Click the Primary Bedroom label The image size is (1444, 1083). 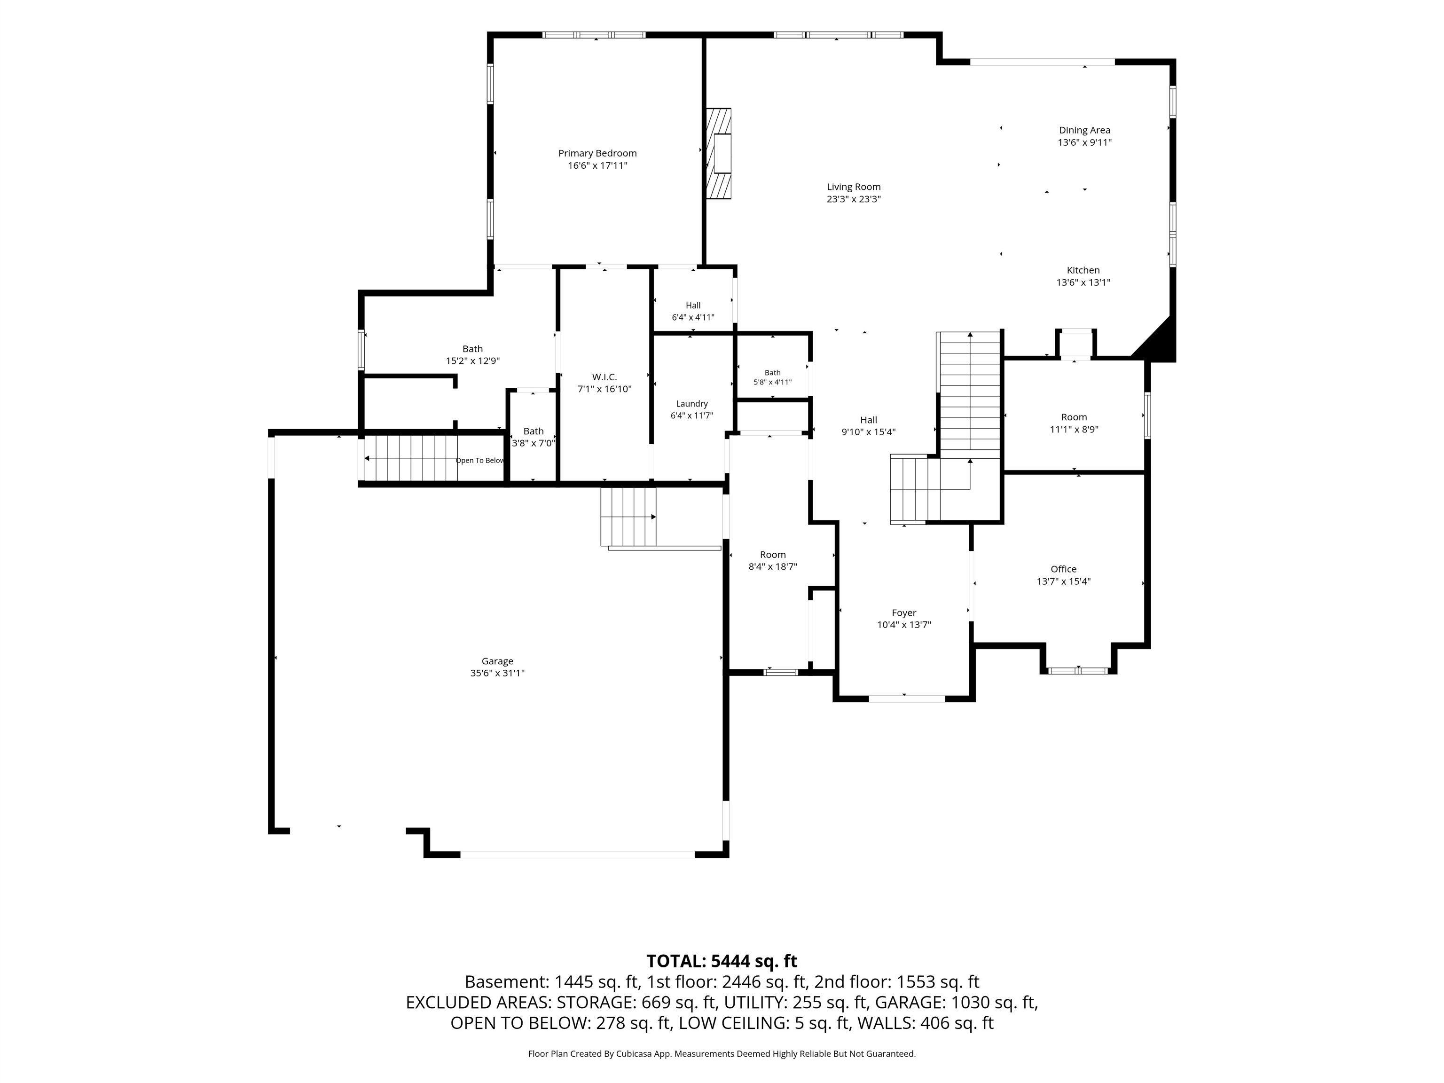click(597, 153)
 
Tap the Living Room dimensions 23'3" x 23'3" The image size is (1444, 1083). click(854, 200)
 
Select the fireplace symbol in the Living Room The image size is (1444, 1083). click(718, 153)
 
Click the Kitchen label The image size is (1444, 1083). click(1083, 270)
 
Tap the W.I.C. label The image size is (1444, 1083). click(604, 377)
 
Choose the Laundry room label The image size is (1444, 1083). click(692, 404)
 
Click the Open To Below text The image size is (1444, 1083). click(480, 461)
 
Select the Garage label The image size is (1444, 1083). click(497, 661)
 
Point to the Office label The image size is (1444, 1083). click(1063, 569)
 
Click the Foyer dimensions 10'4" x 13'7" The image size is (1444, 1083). click(904, 625)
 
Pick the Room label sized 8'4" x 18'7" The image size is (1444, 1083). click(773, 555)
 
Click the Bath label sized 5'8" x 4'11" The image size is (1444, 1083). click(773, 373)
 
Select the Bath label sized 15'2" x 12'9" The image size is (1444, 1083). click(472, 349)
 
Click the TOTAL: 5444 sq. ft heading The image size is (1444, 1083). click(722, 961)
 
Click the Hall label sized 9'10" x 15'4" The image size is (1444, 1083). click(868, 420)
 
